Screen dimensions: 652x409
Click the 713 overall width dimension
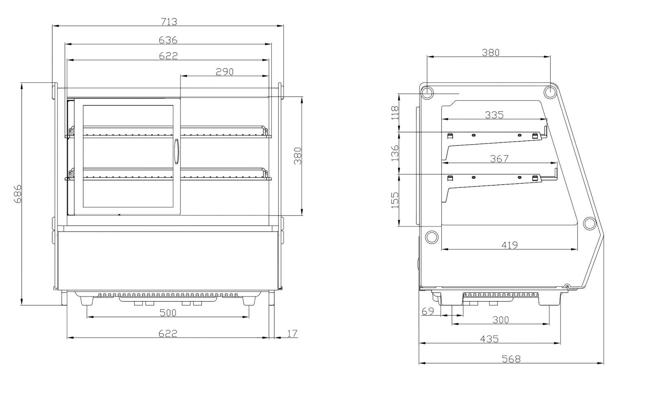[169, 22]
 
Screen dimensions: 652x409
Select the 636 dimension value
[168, 40]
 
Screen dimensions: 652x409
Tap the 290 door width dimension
[225, 72]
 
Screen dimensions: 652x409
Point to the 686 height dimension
[18, 194]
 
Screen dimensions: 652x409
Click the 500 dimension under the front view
[168, 313]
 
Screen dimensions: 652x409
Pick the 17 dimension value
[292, 333]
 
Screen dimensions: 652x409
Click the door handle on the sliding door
[176, 152]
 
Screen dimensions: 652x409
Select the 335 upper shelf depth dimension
[494, 115]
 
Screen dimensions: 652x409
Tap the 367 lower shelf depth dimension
[499, 158]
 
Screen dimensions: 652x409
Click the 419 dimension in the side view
[510, 245]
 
